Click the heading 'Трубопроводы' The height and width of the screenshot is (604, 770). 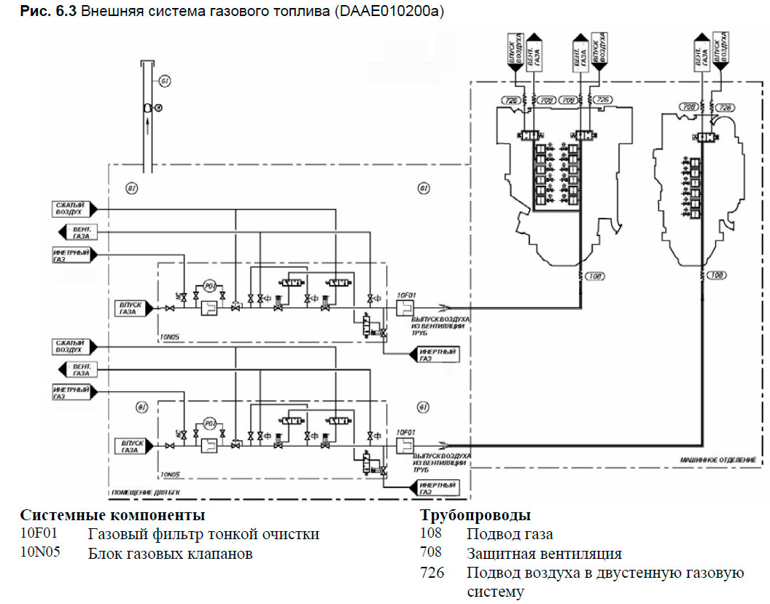click(475, 517)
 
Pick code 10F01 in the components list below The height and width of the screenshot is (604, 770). click(38, 535)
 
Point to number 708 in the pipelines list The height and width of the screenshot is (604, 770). click(432, 554)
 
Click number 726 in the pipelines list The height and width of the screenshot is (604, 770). click(432, 573)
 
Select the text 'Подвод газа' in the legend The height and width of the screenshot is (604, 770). click(510, 535)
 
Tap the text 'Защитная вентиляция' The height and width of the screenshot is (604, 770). click(544, 554)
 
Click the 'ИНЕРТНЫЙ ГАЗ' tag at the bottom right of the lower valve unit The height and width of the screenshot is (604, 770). click(437, 485)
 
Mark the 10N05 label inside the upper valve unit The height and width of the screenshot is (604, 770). click(171, 338)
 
